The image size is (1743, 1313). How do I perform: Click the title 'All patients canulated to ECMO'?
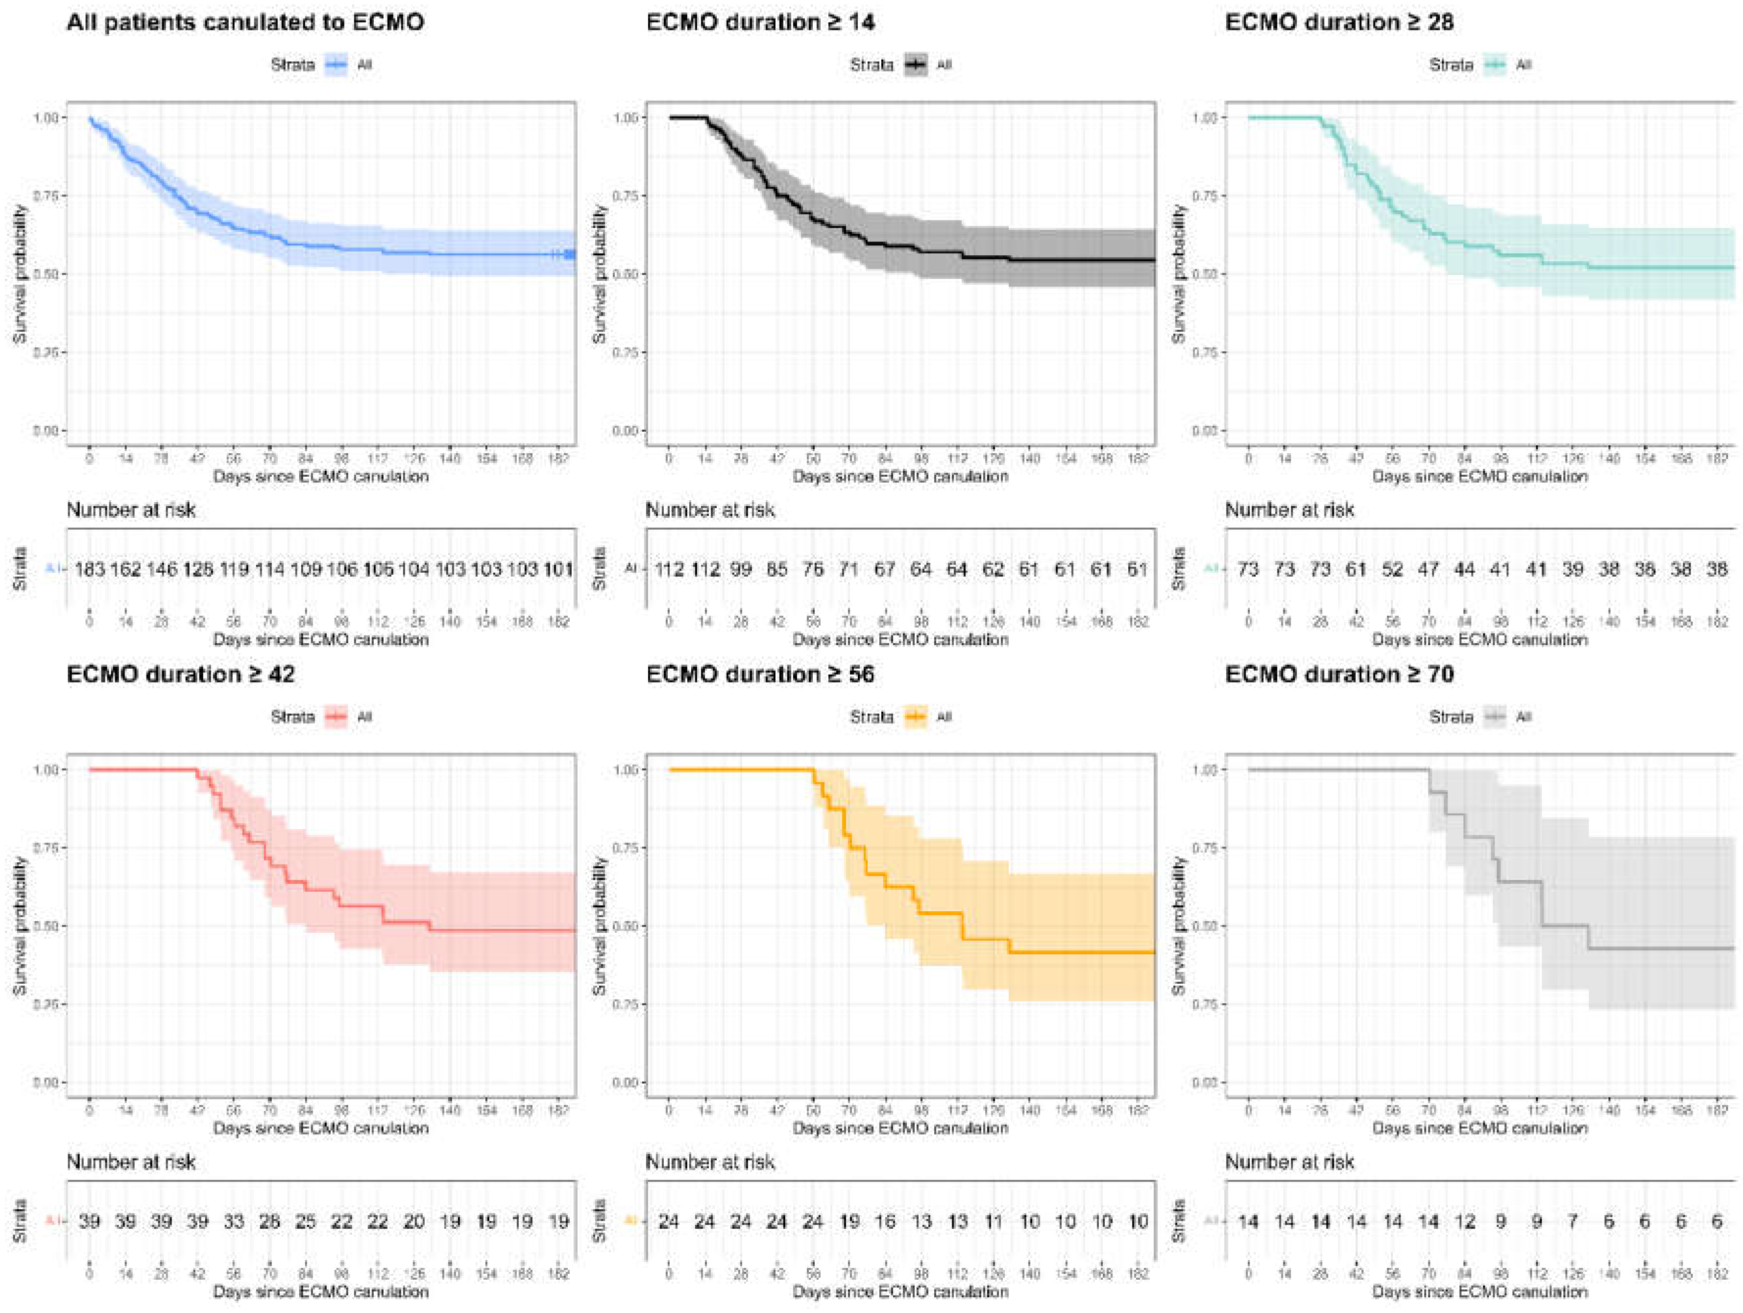[245, 22]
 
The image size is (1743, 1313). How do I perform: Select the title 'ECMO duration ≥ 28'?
[1339, 22]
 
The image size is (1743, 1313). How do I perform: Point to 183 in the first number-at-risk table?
[90, 569]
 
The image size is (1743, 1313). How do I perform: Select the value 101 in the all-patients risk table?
[558, 569]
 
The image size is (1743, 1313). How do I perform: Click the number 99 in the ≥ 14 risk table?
[741, 569]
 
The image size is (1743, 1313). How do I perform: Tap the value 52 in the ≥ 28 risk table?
[1392, 569]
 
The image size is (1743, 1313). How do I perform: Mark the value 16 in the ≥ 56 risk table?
[885, 1221]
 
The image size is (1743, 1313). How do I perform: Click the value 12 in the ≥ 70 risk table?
[1465, 1221]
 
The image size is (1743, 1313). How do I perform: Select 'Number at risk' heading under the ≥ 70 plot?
[1289, 1162]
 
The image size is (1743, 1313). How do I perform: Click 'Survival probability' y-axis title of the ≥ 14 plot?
[600, 274]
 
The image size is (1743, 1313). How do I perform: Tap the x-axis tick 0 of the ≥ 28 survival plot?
[1249, 458]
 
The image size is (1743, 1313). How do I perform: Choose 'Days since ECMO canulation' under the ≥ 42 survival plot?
[321, 1128]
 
